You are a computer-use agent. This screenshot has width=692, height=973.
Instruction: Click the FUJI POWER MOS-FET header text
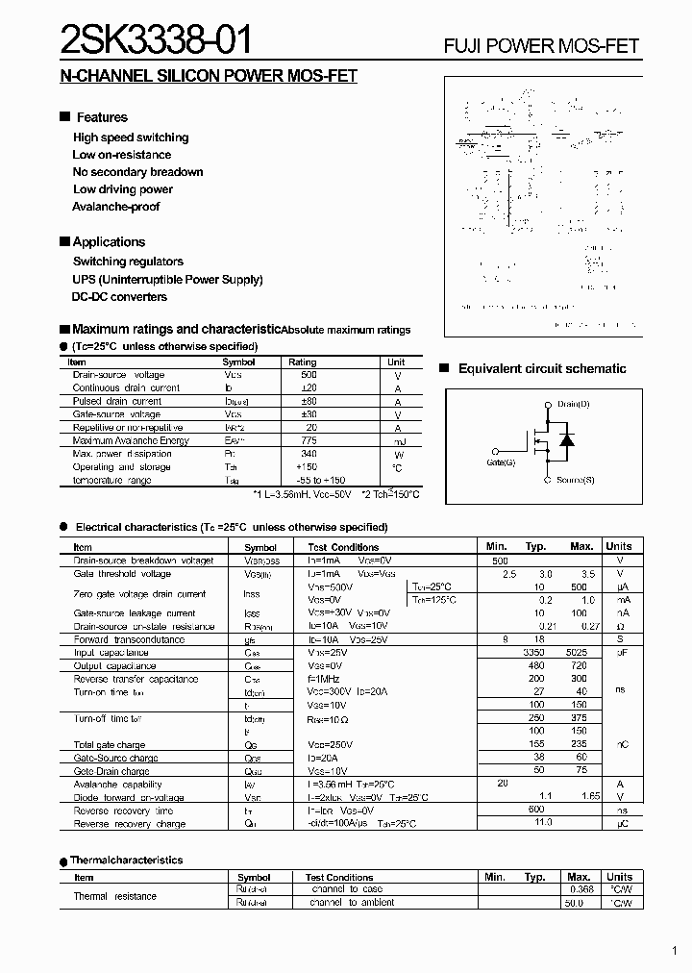coord(541,46)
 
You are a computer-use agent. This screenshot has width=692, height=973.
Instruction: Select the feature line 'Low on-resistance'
coord(122,155)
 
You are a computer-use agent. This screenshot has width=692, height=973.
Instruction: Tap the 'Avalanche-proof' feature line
coord(116,207)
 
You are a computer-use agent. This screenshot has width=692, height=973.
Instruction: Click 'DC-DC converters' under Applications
coord(120,297)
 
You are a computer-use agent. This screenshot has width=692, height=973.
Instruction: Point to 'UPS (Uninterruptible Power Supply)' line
coord(168,280)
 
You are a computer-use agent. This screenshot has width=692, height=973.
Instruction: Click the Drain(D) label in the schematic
coord(574,404)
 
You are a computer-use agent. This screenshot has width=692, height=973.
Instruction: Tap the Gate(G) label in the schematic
coord(501,462)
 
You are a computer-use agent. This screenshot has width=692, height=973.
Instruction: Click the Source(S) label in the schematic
coord(575,480)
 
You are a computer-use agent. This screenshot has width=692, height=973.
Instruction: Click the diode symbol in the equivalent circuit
coord(567,440)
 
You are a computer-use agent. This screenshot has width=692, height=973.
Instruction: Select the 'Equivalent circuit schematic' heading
coord(542,369)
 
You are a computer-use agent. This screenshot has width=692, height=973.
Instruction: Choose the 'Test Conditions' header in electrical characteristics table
coord(344,547)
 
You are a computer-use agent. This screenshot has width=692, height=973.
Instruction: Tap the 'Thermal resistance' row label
coord(115,896)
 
